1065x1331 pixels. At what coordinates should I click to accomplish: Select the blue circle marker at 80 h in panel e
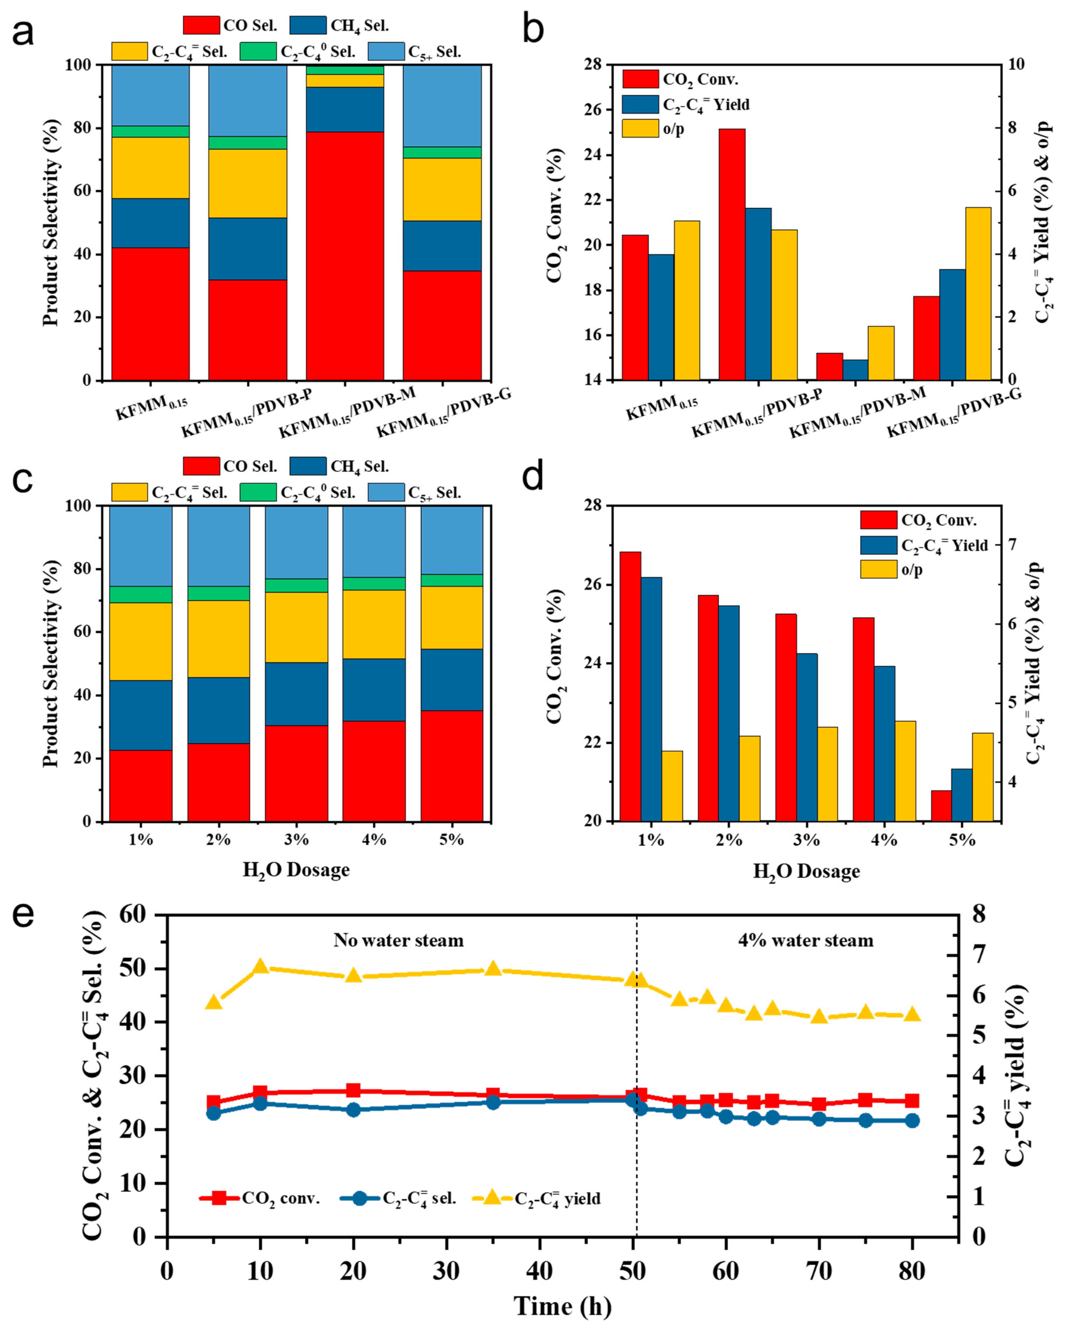(912, 1121)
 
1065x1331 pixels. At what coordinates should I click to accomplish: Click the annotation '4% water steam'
(806, 940)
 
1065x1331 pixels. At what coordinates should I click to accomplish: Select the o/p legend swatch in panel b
(639, 128)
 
